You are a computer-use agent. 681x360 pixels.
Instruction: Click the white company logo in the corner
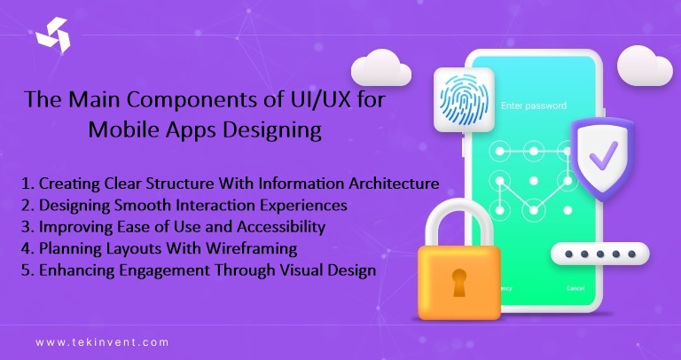coord(51,36)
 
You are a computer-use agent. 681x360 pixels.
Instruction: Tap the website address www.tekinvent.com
coord(102,340)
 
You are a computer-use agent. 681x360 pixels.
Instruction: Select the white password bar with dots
coord(602,255)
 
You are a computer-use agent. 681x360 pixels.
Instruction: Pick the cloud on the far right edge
coord(645,64)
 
